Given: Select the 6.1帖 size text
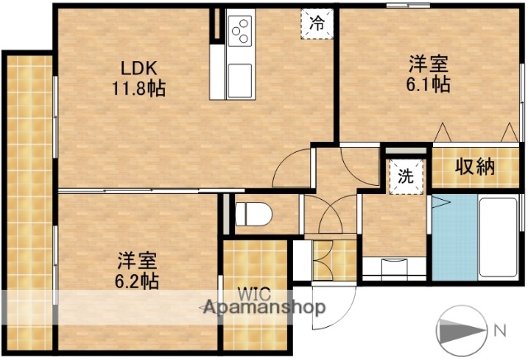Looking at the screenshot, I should (x=428, y=83).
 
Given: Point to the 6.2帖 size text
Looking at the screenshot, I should (x=138, y=281).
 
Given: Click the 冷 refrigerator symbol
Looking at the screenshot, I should (x=317, y=24).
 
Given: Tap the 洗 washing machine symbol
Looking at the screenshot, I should (x=406, y=176).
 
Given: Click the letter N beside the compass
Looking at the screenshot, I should (x=501, y=332).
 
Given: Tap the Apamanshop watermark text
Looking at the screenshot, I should (x=264, y=307).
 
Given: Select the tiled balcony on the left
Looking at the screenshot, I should (x=26, y=198).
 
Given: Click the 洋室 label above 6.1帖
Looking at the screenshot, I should (x=428, y=63).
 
